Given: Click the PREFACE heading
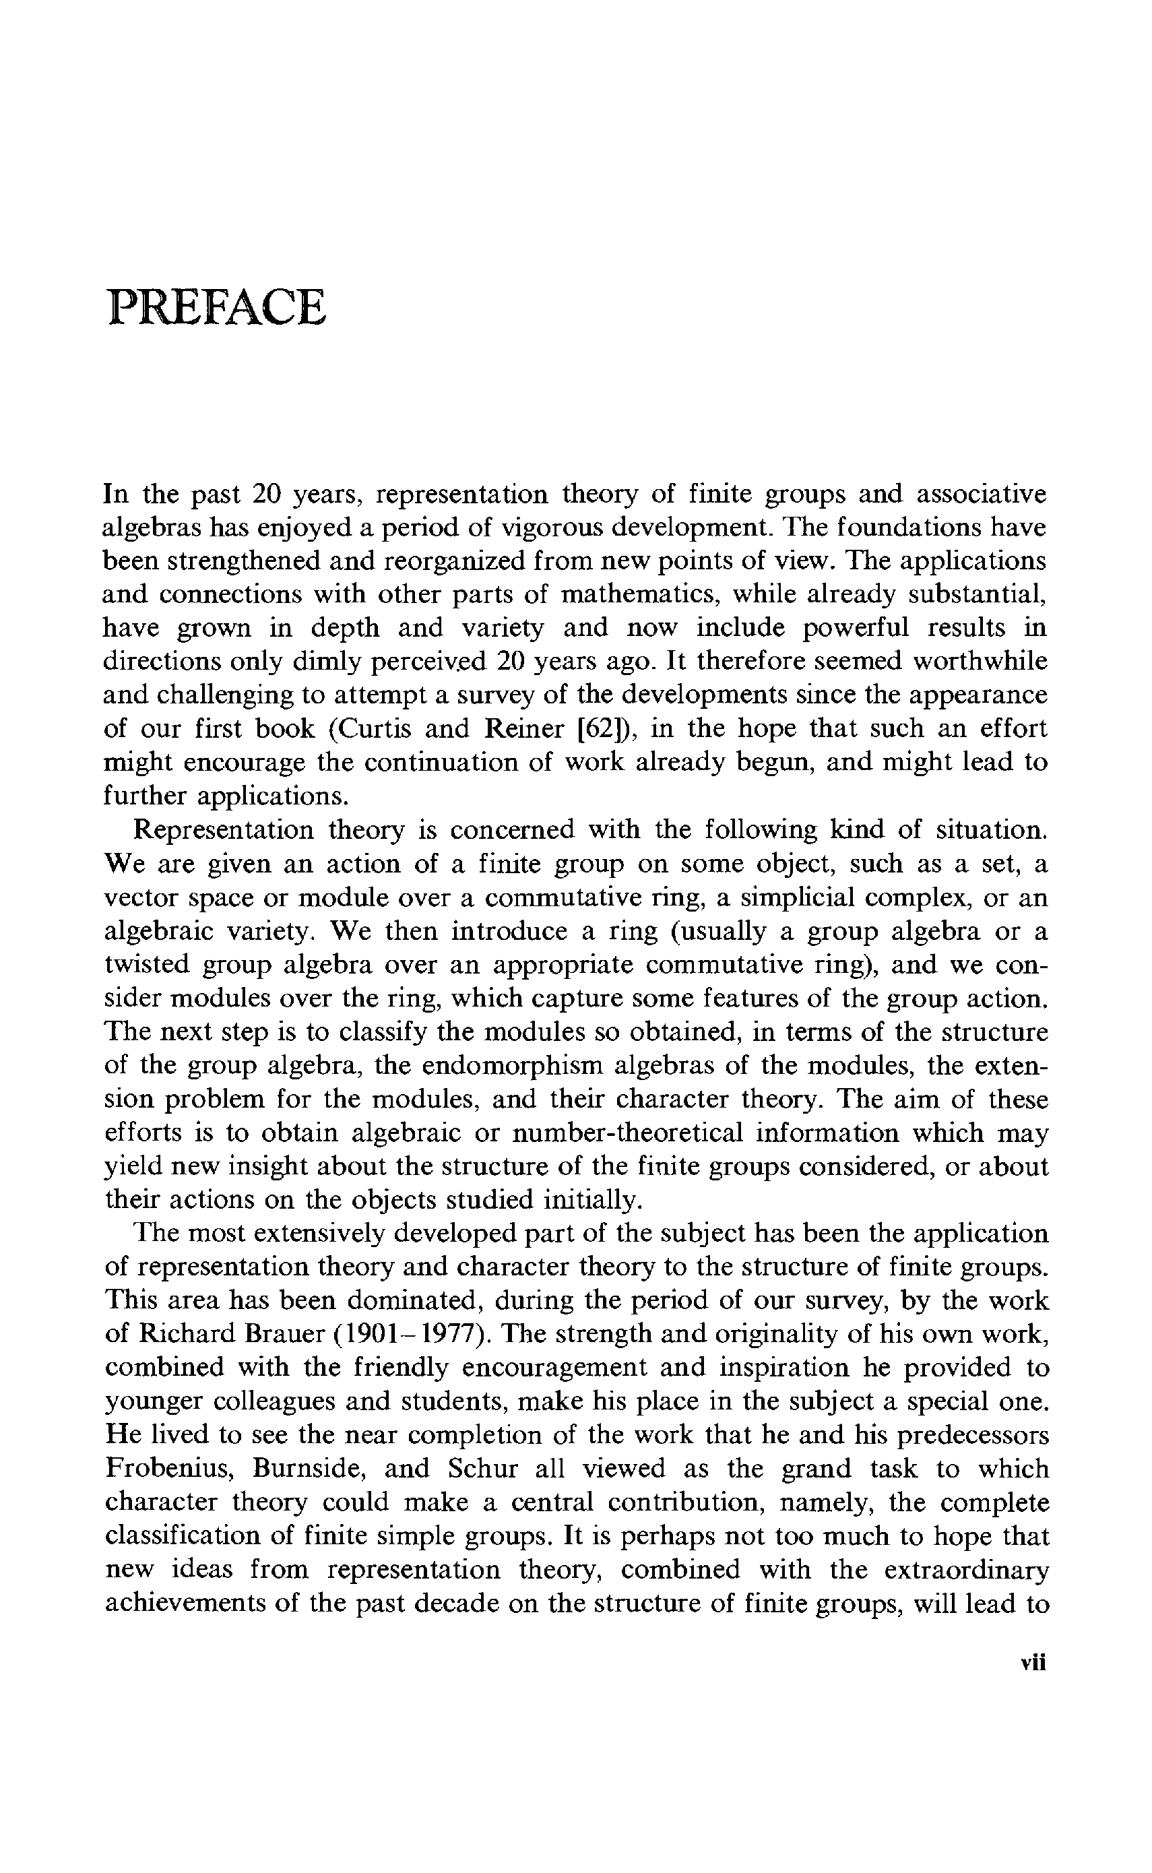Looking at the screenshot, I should pos(217,307).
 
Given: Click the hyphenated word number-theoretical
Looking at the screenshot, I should pos(627,1133).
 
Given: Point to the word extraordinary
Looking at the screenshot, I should pos(966,1570).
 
